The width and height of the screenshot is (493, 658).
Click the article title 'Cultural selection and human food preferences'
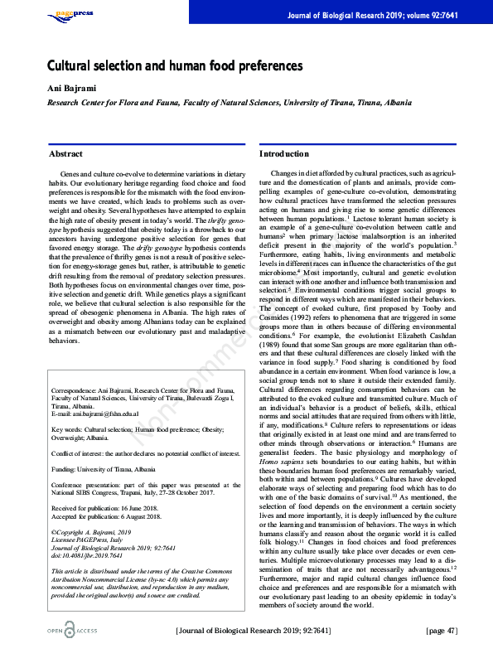point(175,65)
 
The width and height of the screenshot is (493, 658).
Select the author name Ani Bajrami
point(65,89)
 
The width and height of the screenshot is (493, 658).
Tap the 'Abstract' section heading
point(65,154)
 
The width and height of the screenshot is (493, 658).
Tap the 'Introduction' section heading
point(284,154)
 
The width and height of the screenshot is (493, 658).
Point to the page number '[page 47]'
point(440,631)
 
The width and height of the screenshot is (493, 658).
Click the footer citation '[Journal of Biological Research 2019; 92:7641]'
point(259,631)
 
